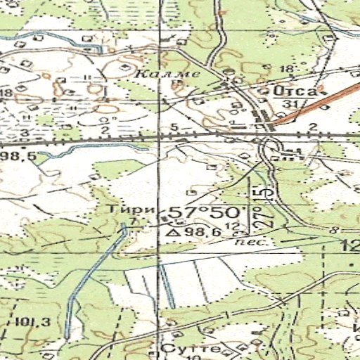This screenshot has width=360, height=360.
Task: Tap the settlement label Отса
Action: (x=296, y=91)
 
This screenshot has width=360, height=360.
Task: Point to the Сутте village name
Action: (x=181, y=349)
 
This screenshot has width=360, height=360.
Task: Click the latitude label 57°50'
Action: (x=208, y=212)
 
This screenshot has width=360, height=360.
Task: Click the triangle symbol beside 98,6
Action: (x=172, y=231)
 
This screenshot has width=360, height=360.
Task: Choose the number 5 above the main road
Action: (x=173, y=127)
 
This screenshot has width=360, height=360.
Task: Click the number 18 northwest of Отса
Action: (x=285, y=68)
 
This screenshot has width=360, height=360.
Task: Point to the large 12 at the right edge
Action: (x=350, y=245)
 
